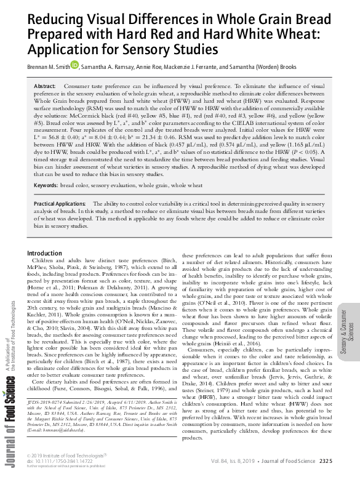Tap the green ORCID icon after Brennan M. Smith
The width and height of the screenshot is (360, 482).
[74, 64]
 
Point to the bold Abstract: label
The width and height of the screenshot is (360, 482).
[45, 87]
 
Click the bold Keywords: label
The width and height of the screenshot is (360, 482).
[50, 185]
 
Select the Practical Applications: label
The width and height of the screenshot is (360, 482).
[60, 203]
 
